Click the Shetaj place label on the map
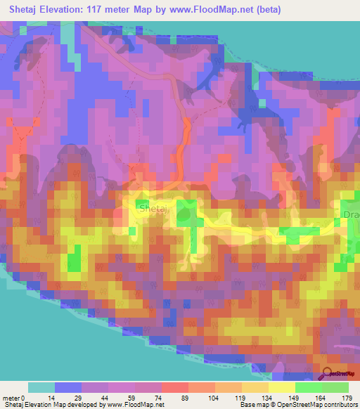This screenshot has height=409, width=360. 153,209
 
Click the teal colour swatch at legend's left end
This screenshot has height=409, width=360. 41,387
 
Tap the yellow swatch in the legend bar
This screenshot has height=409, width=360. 282,387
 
